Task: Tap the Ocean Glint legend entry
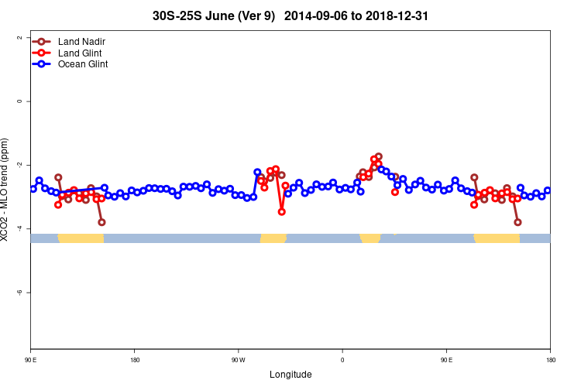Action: [83, 64]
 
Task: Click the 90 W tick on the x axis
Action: [238, 360]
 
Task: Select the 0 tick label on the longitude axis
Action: [342, 360]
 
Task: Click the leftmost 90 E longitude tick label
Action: [30, 360]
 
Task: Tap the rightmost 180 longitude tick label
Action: [550, 360]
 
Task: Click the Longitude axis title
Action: [290, 375]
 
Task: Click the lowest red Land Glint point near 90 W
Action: [281, 211]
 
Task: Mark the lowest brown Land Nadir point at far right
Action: [517, 222]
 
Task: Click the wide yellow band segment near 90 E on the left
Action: [81, 238]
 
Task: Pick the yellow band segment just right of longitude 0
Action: [370, 238]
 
